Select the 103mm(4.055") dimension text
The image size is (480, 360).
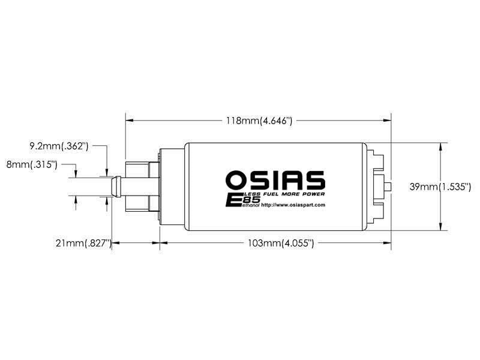pos(281,243)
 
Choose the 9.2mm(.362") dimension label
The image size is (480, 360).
pos(59,145)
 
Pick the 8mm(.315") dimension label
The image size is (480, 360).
pos(31,164)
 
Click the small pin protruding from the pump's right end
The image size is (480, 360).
pos(389,187)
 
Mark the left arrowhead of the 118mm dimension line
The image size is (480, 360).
pos(128,121)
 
